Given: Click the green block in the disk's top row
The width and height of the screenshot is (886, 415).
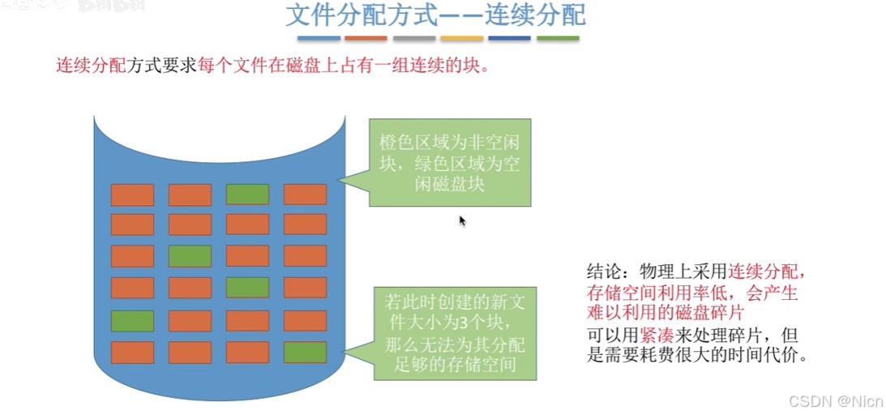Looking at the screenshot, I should [x=247, y=195].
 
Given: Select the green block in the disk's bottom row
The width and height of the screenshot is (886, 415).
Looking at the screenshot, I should [x=305, y=353].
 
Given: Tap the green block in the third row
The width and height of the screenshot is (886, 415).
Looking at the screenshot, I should [x=190, y=256].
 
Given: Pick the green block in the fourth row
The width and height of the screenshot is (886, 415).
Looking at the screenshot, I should [x=247, y=288].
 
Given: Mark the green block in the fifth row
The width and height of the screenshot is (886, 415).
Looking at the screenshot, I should [x=132, y=321].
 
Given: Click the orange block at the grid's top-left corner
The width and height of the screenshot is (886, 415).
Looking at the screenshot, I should [x=132, y=195].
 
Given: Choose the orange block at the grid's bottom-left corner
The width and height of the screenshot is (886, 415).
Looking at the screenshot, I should [x=132, y=353].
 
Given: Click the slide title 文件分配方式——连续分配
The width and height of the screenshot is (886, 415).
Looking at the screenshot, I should [x=435, y=15].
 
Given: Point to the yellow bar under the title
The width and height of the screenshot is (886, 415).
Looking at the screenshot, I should [x=462, y=38].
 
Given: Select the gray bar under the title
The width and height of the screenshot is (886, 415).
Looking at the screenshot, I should [x=414, y=38].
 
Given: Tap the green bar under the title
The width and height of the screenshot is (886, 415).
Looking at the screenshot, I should [x=558, y=38].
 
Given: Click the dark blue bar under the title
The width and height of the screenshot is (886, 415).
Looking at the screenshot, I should [x=510, y=38].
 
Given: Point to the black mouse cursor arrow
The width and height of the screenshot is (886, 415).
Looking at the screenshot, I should [x=463, y=220].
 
